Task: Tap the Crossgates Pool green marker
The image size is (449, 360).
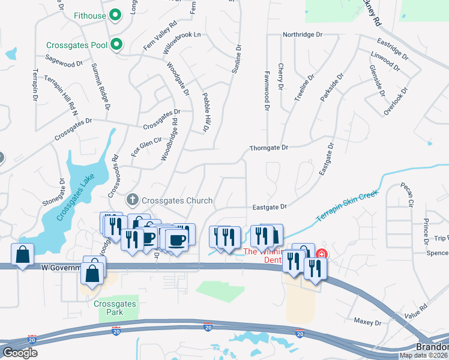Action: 118,44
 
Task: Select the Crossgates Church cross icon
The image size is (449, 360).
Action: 133,199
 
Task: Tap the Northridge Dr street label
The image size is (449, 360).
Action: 307,35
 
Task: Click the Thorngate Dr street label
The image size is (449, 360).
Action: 269,147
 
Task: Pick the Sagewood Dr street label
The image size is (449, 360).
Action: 64,60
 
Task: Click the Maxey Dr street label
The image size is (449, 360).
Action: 367,322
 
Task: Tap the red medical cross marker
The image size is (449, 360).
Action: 322,254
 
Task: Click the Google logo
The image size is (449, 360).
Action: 20,353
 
